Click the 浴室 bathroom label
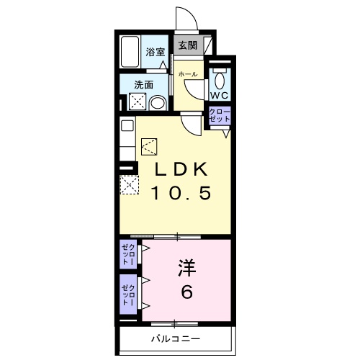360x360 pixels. (156, 52)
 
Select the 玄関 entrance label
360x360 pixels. (187, 45)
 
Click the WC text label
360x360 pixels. (219, 95)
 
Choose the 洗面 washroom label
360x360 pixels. (143, 84)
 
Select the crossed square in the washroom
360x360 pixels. (138, 103)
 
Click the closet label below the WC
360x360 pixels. (218, 117)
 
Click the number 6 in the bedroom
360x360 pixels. (186, 293)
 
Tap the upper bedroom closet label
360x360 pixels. (127, 255)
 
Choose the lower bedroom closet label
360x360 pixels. (127, 293)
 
